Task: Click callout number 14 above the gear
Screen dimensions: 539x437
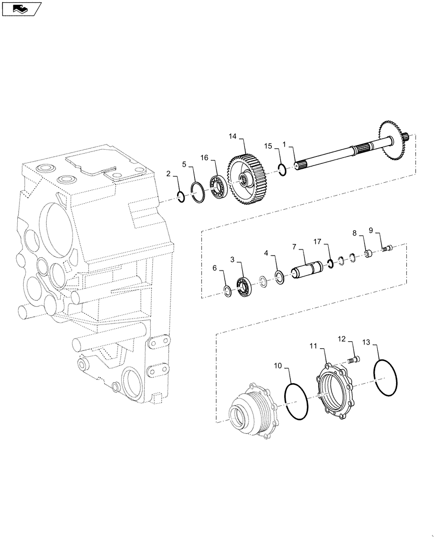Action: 232,137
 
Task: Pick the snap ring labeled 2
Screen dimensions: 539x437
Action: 181,197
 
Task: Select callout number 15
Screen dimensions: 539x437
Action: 267,146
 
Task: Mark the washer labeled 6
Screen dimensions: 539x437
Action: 228,292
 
